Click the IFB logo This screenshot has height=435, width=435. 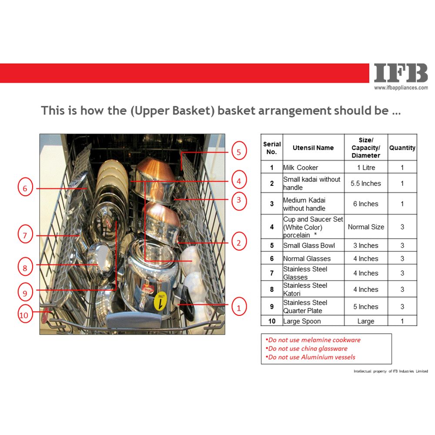(401, 73)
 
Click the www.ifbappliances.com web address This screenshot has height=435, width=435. (401, 88)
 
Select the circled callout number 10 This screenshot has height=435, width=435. (24, 315)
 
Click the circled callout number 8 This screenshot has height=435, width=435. (25, 267)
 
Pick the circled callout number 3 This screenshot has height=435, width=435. (239, 200)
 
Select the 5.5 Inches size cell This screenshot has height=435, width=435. (366, 183)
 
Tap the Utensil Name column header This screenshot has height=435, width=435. (313, 147)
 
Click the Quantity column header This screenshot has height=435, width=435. (402, 147)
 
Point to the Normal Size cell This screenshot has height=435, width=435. (366, 227)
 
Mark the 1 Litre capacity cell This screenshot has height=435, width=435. (366, 167)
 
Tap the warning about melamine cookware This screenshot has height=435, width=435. (313, 340)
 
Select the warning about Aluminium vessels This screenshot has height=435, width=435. (310, 357)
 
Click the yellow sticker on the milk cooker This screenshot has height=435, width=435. (161, 301)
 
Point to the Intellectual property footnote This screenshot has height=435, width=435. (391, 371)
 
